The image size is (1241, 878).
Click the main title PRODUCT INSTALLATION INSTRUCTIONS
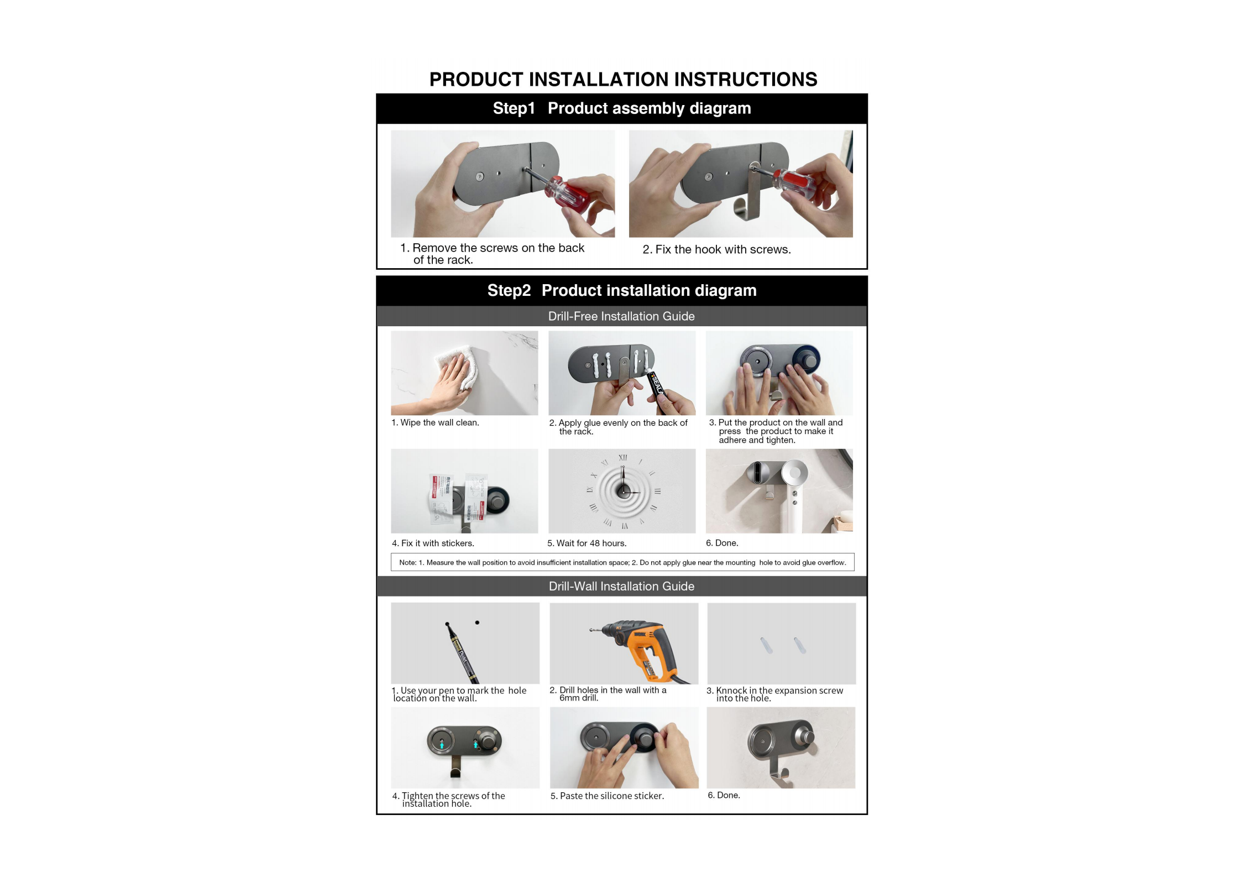[623, 80]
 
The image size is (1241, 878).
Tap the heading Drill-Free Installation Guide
[621, 316]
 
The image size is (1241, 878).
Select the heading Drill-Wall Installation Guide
[621, 586]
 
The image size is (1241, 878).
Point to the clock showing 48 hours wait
[623, 491]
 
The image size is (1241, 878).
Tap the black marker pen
[462, 653]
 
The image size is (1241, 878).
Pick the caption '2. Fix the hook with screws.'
[716, 249]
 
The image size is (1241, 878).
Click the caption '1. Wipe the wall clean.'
[435, 422]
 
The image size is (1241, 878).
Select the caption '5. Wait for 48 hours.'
[587, 543]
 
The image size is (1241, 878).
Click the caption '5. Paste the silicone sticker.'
[607, 796]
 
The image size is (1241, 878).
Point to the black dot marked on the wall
[477, 623]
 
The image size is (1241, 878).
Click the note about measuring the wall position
[622, 562]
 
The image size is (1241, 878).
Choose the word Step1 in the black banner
[514, 108]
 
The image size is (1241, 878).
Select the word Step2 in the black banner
[509, 290]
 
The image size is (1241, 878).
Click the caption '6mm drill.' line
[578, 698]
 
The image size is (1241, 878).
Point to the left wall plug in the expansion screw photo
[766, 645]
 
